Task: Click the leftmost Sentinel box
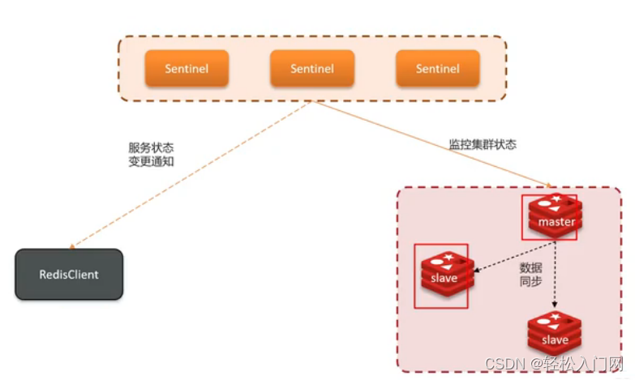187,69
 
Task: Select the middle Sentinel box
312,69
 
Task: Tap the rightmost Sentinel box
437,69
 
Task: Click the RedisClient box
69,275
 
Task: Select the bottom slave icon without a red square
555,335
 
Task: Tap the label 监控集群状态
483,144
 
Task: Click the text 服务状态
151,148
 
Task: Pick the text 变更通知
151,162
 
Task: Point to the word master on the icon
556,222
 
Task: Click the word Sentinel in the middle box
312,69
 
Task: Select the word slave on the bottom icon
555,340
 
